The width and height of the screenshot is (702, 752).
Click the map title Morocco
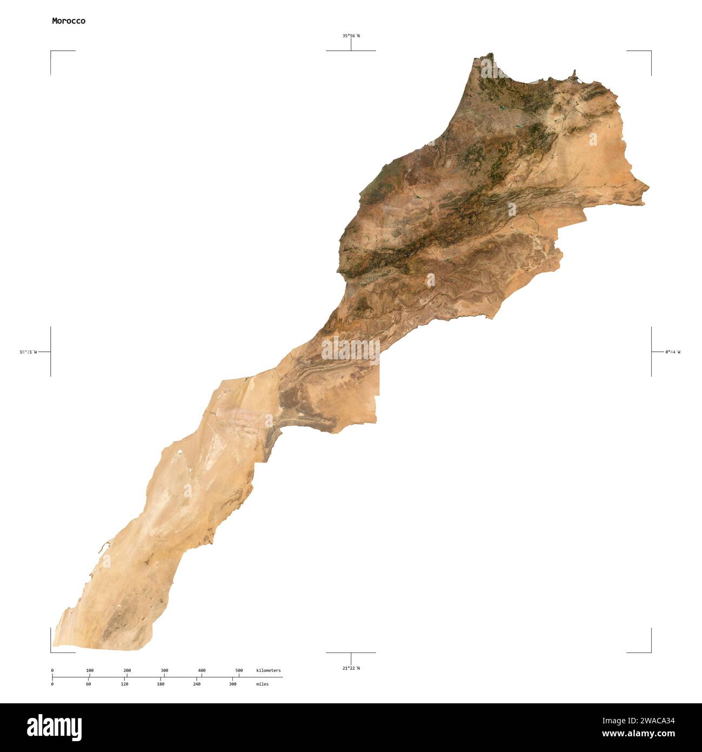[69, 21]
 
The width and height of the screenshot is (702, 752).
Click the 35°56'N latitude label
[351, 36]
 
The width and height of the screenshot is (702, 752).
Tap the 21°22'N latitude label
[351, 668]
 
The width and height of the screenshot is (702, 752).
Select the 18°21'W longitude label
[28, 352]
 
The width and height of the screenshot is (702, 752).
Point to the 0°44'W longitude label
[673, 352]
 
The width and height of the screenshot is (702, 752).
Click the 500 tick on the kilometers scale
[239, 671]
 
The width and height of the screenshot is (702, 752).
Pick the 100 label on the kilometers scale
[90, 671]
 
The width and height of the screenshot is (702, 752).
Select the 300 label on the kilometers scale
[164, 671]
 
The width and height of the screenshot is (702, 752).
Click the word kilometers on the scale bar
[269, 671]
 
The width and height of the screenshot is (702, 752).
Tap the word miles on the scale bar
[262, 684]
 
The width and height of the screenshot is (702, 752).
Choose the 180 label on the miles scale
[161, 684]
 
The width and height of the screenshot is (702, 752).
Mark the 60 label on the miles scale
[88, 684]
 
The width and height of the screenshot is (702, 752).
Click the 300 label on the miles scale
[232, 684]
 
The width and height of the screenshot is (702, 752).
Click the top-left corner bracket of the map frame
[51, 51]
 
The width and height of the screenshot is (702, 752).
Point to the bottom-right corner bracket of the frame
[650, 651]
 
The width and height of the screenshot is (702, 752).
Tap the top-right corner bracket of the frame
[650, 51]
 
